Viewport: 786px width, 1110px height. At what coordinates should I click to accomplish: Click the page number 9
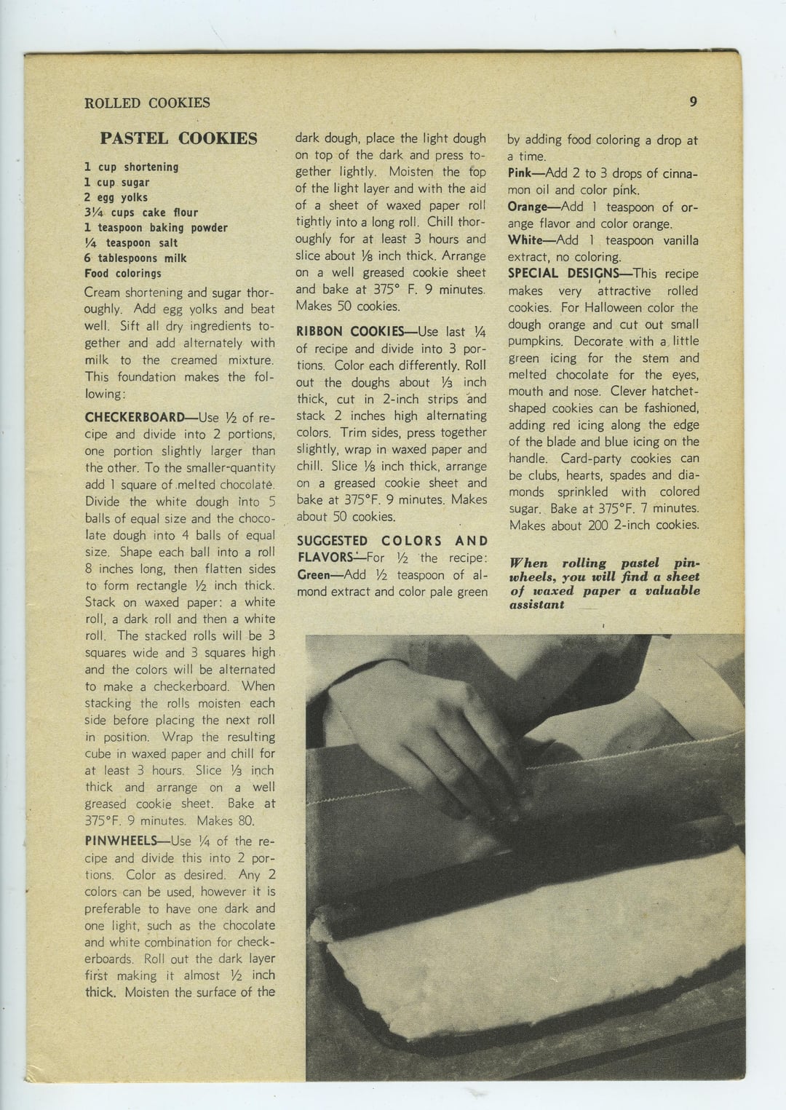(694, 102)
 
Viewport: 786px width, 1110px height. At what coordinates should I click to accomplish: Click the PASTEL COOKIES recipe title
(178, 138)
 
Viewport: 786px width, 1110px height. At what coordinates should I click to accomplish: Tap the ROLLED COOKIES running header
(147, 103)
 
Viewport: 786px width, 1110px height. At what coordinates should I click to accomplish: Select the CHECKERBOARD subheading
(135, 417)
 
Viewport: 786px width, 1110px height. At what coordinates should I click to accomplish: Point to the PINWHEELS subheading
(121, 841)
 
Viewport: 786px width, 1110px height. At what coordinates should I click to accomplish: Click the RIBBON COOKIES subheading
(350, 331)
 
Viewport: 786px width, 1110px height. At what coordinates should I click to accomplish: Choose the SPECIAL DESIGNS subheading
(563, 274)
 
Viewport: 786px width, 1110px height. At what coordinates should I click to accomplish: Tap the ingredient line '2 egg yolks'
(116, 197)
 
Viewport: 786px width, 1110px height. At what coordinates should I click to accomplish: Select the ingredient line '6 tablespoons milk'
(135, 258)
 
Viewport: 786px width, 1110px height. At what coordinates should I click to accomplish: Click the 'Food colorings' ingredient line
(123, 274)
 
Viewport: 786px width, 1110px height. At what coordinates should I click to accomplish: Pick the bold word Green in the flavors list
(313, 574)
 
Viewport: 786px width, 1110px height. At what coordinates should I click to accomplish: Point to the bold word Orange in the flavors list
(528, 207)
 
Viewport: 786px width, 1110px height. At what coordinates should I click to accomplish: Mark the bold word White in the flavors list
(524, 240)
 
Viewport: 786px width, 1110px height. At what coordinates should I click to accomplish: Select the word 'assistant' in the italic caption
(537, 604)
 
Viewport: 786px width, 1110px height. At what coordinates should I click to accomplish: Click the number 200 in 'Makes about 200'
(598, 525)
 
